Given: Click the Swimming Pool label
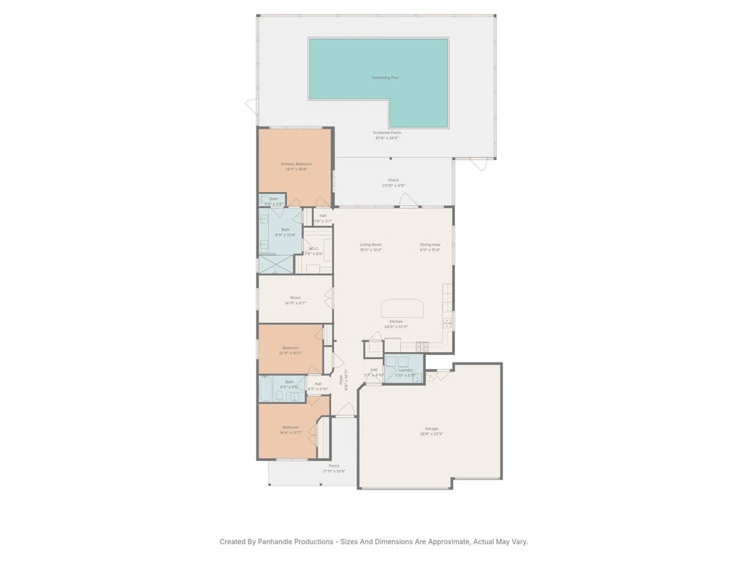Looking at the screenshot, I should pos(385,77).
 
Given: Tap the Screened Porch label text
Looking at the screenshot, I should pos(387,133).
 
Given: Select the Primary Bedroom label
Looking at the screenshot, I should pos(297,164).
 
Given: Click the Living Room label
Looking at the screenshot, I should pos(371,245).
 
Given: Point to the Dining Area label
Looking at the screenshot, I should pos(430,245).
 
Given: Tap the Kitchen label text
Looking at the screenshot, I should pos(396,321).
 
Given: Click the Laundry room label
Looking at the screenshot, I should pos(405,370).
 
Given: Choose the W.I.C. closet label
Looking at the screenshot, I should pos(314,248).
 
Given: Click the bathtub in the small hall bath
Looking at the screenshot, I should pos(266,388).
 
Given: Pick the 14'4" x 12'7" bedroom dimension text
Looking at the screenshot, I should pos(291,433).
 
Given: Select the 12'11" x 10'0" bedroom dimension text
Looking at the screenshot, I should pos(290,353).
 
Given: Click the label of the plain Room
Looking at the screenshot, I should pos(295,297).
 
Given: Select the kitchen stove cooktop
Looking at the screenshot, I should pos(421,346).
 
